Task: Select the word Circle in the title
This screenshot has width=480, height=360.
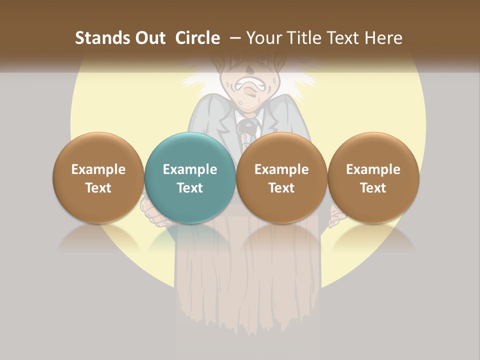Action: [x=197, y=38]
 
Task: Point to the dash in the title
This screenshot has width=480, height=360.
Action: [x=235, y=37]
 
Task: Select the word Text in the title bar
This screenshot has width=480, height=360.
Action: [x=345, y=38]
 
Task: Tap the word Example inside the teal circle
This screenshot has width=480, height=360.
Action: [x=190, y=169]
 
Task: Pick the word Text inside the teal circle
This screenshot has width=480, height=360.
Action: [x=190, y=188]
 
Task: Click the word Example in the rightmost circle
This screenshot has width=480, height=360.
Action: [x=373, y=169]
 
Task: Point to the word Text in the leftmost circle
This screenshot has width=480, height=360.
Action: [x=98, y=188]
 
